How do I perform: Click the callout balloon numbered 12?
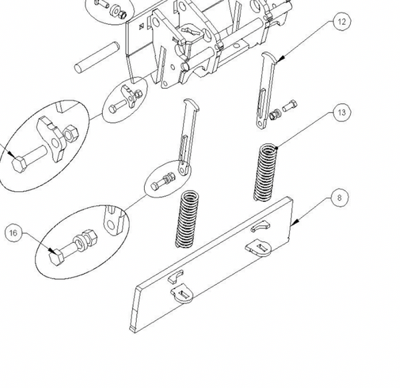coord(341,22)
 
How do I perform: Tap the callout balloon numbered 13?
coord(341,113)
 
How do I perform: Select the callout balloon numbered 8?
coord(339,198)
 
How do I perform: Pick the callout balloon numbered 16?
coord(15,233)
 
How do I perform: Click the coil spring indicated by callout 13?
coord(268,172)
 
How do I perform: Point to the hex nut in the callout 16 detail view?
coord(88,237)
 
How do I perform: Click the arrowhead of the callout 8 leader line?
coord(293,227)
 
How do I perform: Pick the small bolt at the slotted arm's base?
coord(162,181)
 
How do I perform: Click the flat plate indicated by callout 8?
coord(213,267)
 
